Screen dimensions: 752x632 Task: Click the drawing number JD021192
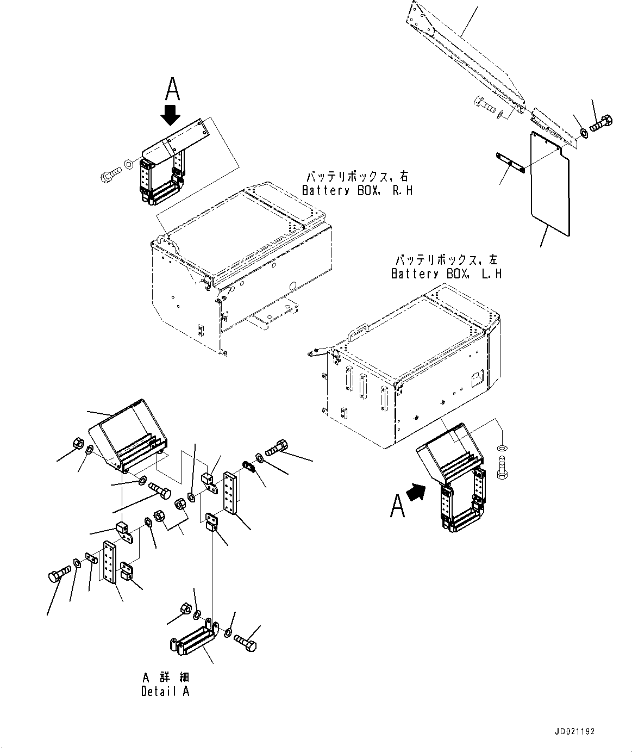point(575,731)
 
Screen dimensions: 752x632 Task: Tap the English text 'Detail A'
point(165,692)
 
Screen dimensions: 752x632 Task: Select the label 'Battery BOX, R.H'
point(357,191)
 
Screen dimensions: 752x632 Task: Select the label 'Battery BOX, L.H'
point(446,274)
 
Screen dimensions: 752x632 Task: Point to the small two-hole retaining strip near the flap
point(509,164)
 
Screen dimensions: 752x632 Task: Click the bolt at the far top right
point(600,125)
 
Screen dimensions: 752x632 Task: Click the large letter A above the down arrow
point(172,89)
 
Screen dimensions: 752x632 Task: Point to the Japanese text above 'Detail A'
point(166,678)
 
